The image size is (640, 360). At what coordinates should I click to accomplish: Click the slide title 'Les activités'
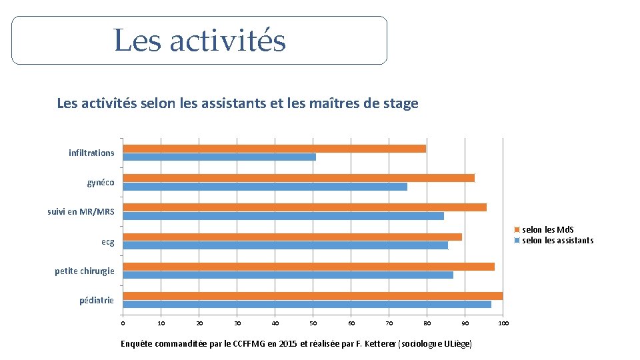click(199, 40)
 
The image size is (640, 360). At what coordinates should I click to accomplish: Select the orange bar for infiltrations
click(275, 149)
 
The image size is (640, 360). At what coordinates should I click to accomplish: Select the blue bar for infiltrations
click(219, 157)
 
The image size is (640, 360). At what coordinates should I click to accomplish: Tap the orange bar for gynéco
click(299, 178)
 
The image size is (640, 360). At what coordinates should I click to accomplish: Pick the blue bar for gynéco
click(265, 187)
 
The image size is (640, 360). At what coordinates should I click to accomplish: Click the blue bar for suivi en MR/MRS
click(283, 216)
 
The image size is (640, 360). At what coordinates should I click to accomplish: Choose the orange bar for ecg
click(293, 237)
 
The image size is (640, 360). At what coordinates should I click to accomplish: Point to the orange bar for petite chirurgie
click(309, 267)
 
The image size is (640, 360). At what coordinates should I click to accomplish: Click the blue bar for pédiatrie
click(307, 305)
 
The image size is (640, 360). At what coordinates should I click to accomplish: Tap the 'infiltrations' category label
click(91, 153)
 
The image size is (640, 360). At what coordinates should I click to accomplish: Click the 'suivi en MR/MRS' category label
click(81, 212)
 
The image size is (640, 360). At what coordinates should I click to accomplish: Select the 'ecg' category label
click(107, 242)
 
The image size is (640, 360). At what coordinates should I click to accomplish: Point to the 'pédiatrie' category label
click(97, 301)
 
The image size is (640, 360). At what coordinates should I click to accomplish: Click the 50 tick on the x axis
click(313, 323)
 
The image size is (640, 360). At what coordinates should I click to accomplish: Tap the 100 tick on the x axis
click(503, 323)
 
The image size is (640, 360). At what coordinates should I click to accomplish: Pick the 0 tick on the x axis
click(123, 323)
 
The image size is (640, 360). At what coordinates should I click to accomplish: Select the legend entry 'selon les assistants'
click(557, 241)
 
